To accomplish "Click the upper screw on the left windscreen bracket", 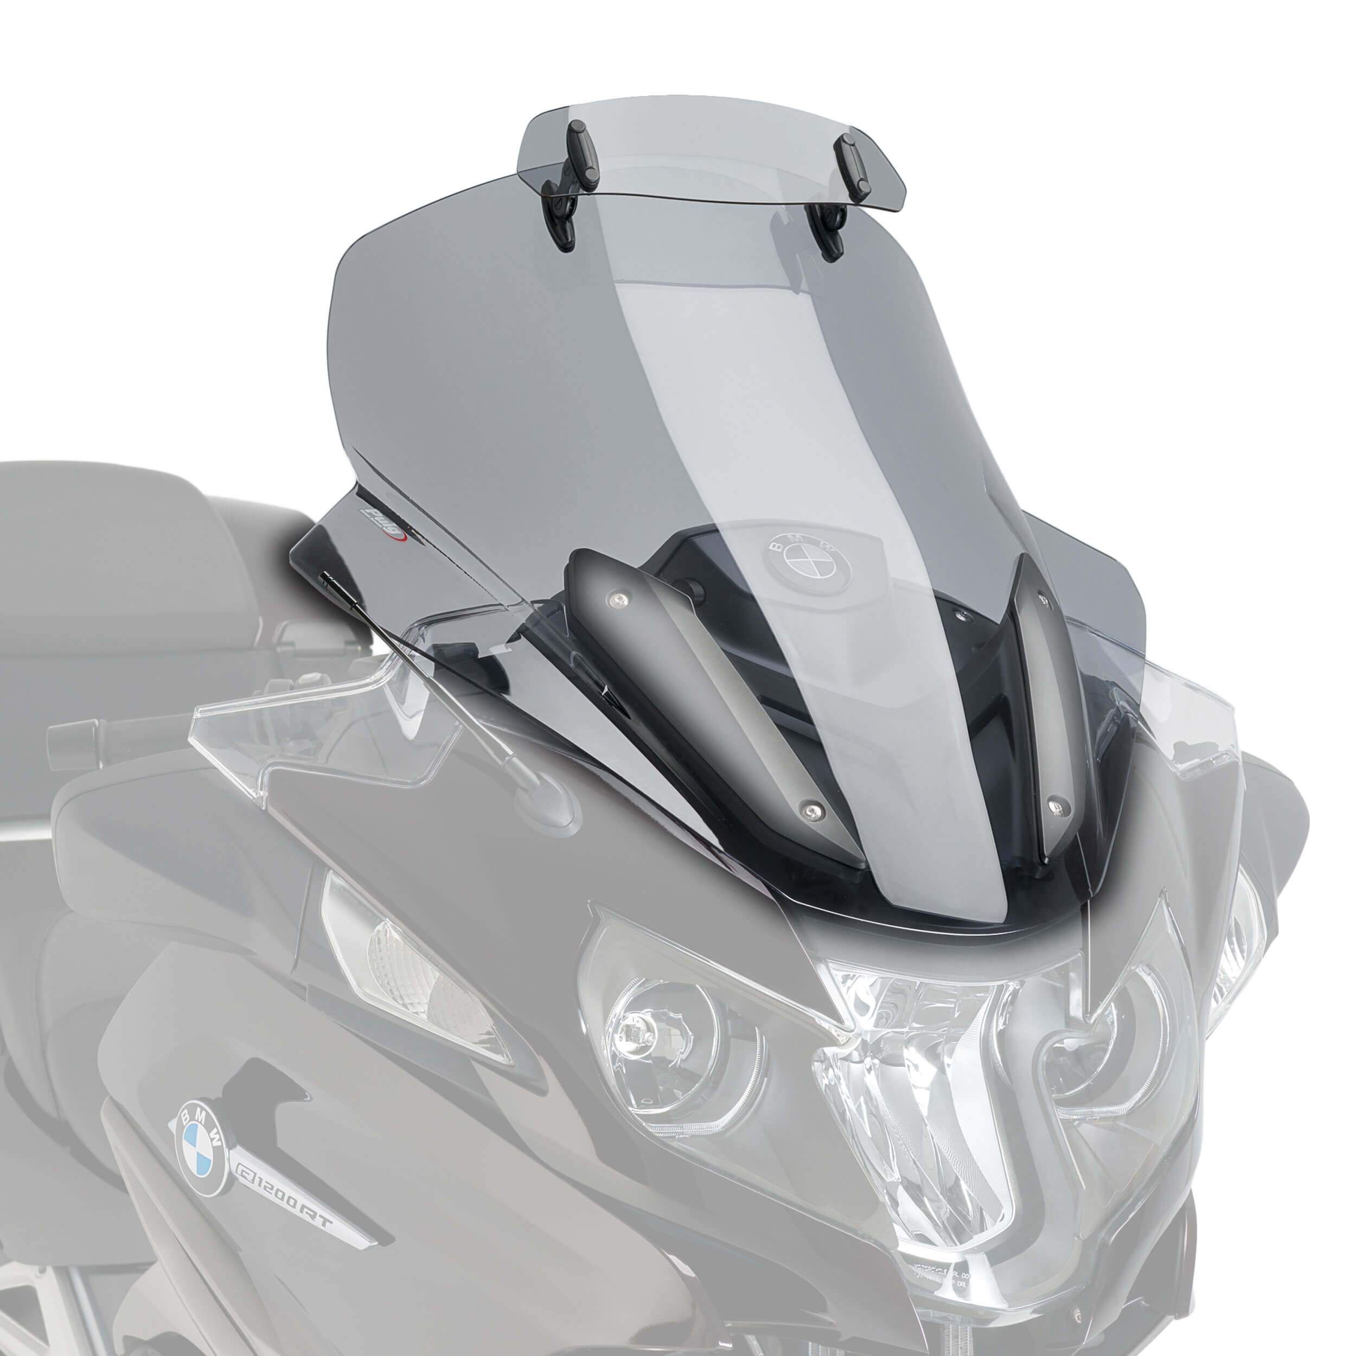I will coord(618,597).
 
